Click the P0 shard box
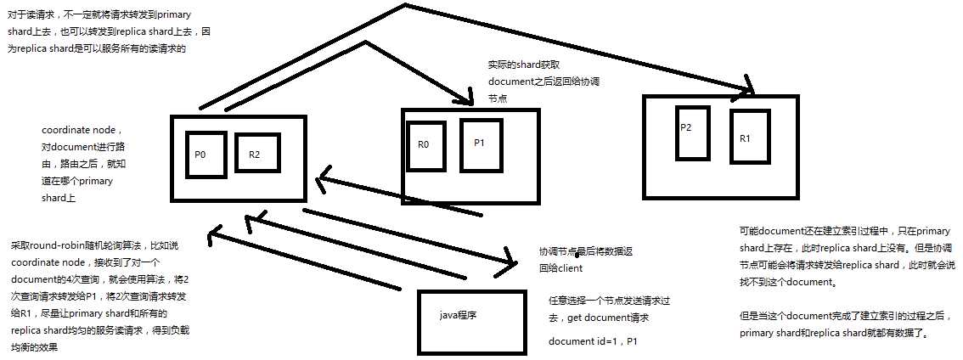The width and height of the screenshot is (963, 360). (206, 155)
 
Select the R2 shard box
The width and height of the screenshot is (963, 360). (257, 153)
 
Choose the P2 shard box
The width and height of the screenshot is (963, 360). (691, 132)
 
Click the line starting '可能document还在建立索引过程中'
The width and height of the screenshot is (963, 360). (844, 230)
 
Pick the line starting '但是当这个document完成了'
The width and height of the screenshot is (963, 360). (844, 317)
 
